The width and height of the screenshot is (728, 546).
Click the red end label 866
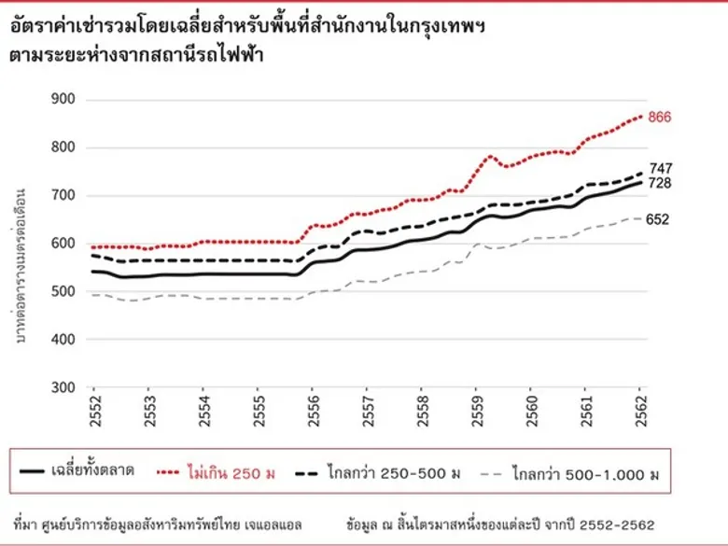tap(659, 117)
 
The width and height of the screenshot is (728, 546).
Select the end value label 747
tap(661, 169)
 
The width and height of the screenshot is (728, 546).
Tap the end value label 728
tap(660, 183)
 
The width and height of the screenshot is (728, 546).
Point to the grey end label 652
tap(657, 219)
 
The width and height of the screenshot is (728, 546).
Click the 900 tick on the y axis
tap(63, 99)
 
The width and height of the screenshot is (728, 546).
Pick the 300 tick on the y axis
tap(63, 387)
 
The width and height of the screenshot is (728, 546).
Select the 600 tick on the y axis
tap(63, 244)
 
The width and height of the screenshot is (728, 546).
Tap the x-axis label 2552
tap(94, 412)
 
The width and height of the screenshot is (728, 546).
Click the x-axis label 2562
tap(640, 412)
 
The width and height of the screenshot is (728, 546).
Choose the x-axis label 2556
tap(313, 412)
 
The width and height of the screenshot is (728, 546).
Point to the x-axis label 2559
tap(477, 412)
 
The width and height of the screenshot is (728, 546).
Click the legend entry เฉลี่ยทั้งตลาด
tap(92, 470)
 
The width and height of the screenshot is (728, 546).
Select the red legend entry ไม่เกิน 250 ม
tap(231, 472)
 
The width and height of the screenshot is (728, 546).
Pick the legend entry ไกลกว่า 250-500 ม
tap(394, 473)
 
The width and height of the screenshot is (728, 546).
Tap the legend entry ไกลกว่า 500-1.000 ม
tap(585, 474)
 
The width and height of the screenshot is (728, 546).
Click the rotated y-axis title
tap(20, 267)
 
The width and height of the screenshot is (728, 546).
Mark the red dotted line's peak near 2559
tap(490, 157)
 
